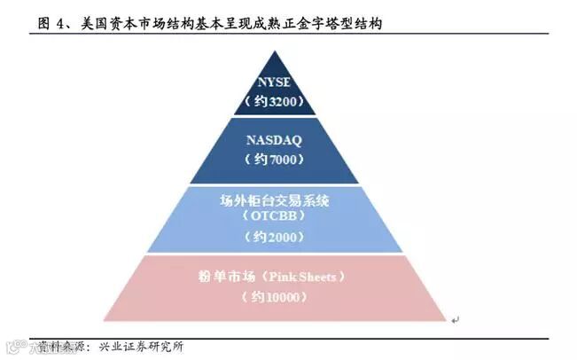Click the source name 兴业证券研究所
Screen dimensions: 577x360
[142, 346]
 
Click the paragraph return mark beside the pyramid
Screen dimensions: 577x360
[455, 319]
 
